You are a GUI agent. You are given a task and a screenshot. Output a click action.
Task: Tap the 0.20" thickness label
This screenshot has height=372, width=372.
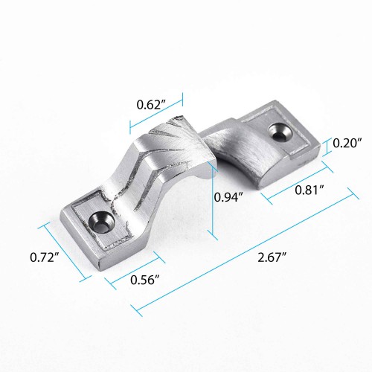click(348, 142)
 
